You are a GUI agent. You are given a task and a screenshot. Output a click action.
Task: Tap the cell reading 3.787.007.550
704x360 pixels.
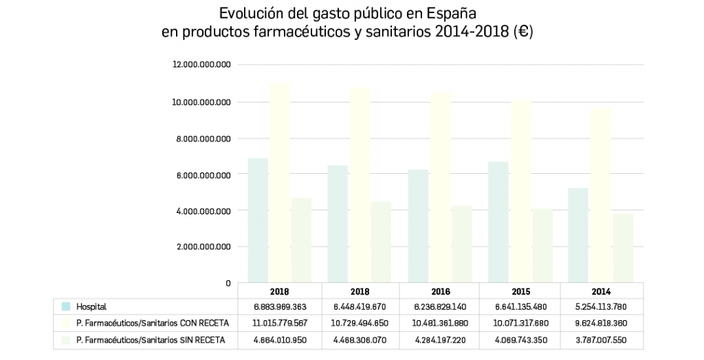[x=602, y=340]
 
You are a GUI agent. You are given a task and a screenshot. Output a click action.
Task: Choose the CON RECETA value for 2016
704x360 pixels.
[x=440, y=324]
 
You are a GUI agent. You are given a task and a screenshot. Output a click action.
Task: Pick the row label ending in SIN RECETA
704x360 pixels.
[x=151, y=340]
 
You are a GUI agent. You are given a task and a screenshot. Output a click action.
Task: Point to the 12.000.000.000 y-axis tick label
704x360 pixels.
[x=201, y=65]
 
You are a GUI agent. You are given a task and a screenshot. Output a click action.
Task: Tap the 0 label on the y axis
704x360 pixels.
[x=228, y=283]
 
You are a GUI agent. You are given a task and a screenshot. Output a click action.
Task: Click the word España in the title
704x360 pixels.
[x=452, y=13]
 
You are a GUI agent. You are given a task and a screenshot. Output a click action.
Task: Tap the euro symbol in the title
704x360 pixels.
[x=524, y=32]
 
